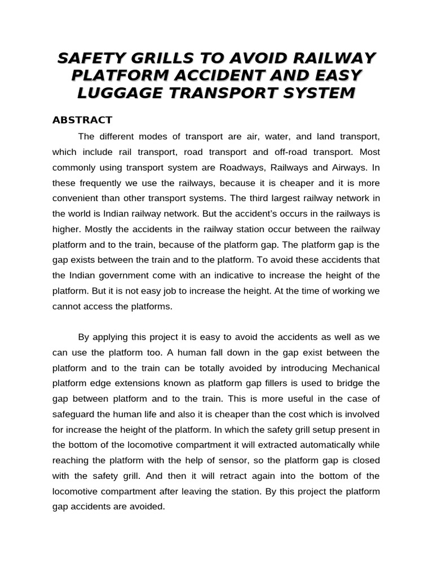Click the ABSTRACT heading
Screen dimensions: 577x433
coord(82,120)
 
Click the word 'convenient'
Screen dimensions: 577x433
coord(76,198)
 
